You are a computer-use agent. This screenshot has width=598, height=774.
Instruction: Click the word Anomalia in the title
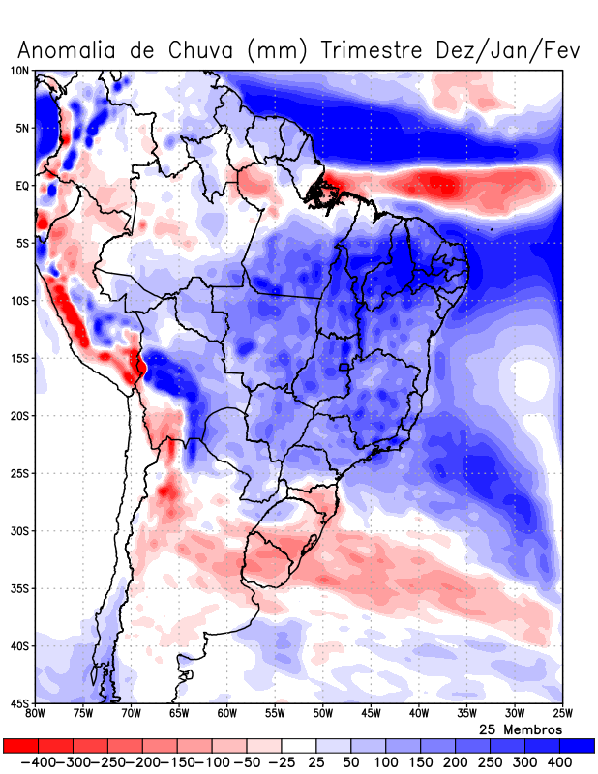tap(70, 49)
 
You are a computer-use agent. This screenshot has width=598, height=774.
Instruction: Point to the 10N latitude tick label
tap(19, 71)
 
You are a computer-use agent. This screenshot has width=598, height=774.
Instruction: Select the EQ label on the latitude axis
tap(22, 186)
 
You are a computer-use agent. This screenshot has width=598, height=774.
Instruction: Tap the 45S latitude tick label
tap(19, 702)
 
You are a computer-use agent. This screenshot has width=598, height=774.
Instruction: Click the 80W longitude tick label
tap(35, 714)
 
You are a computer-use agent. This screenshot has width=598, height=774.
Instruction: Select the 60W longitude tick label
tap(226, 714)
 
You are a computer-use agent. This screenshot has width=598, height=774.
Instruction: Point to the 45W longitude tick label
tap(371, 714)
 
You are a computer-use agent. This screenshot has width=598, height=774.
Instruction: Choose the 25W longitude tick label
tap(562, 714)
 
